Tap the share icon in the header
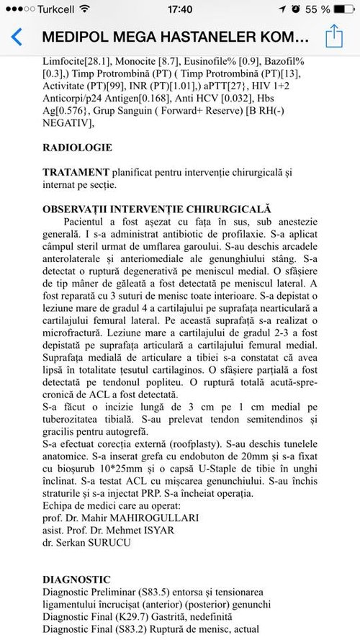tap(333, 36)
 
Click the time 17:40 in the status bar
tap(179, 9)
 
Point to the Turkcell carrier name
tap(50, 9)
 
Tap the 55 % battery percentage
tap(317, 9)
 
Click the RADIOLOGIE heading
tap(77, 148)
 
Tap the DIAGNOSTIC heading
tap(76, 579)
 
